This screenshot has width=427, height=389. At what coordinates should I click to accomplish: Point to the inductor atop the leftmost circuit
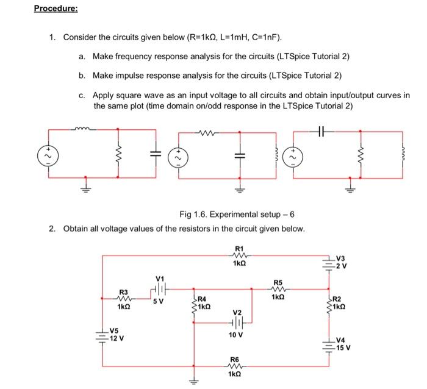(82, 129)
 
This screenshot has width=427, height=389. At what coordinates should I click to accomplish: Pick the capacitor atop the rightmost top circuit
(323, 130)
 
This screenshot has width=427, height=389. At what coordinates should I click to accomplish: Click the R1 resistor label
(239, 248)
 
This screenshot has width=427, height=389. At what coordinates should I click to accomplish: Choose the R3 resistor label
(124, 292)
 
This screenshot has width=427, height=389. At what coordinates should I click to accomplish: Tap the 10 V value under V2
(235, 335)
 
